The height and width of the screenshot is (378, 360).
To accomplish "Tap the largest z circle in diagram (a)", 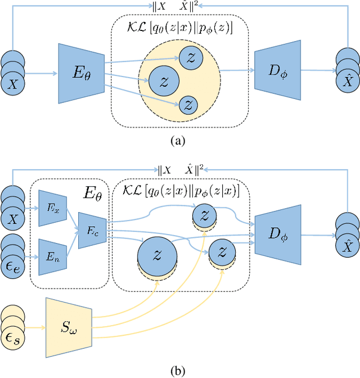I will pos(164,81).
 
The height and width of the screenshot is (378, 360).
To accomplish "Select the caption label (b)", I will pos(178,370).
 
